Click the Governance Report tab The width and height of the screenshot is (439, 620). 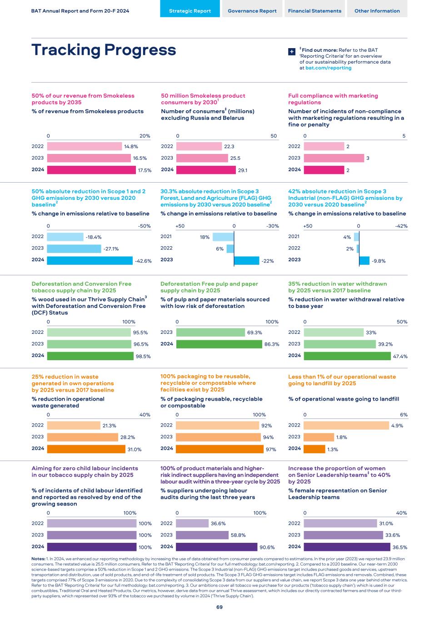click(x=252, y=11)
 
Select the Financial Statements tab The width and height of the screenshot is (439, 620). click(x=314, y=11)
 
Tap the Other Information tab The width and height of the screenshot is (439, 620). click(x=377, y=11)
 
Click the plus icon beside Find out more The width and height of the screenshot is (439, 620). click(x=292, y=52)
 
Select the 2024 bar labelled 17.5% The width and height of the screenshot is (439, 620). click(x=91, y=170)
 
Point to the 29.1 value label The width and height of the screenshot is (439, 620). click(x=243, y=170)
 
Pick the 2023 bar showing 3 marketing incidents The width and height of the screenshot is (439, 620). click(x=334, y=158)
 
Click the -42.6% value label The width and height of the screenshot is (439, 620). click(x=143, y=261)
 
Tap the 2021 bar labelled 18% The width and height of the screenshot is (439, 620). click(x=223, y=237)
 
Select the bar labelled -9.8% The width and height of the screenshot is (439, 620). click(x=364, y=260)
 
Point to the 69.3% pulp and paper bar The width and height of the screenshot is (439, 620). click(x=210, y=332)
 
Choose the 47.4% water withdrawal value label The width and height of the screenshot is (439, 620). click(x=400, y=357)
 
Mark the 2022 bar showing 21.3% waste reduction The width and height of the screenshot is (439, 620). click(x=74, y=426)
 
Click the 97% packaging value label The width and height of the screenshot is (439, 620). click(x=271, y=449)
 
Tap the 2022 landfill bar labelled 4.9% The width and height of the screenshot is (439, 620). click(x=347, y=426)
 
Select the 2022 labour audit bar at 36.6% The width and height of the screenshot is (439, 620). click(x=192, y=523)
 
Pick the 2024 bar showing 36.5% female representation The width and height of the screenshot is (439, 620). click(x=347, y=547)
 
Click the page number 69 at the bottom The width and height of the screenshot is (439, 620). click(x=219, y=607)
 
